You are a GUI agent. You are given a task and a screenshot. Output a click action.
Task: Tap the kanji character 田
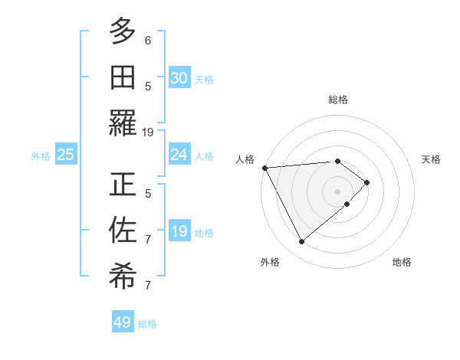tap(123, 77)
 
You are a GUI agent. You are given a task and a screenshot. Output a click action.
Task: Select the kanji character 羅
tap(123, 123)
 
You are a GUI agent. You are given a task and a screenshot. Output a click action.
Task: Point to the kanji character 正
tap(123, 184)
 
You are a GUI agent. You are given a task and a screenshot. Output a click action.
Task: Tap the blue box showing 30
tap(179, 78)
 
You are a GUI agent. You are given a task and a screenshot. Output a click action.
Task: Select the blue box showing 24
tap(179, 155)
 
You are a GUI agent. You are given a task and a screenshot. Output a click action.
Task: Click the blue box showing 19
tap(179, 231)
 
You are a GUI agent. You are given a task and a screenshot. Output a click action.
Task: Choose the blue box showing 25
tap(65, 155)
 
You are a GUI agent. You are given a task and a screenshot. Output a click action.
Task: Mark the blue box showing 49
tap(123, 322)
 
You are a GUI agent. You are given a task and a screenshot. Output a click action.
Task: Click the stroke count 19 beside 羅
tap(148, 132)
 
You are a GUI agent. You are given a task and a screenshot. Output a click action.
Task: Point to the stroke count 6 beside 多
tap(148, 40)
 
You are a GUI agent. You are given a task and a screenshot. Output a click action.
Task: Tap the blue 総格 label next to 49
tap(147, 324)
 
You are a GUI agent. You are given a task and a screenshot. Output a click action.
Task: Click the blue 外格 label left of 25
tap(41, 156)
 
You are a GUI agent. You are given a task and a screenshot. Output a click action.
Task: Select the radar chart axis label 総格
tap(337, 100)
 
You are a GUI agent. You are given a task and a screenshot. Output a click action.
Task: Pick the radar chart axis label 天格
tap(431, 159)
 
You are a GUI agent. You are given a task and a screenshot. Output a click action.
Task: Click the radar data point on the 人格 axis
tap(264, 168)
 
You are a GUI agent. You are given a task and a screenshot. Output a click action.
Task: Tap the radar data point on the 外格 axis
tap(301, 242)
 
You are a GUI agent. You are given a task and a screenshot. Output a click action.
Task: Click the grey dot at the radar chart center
tap(337, 191)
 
